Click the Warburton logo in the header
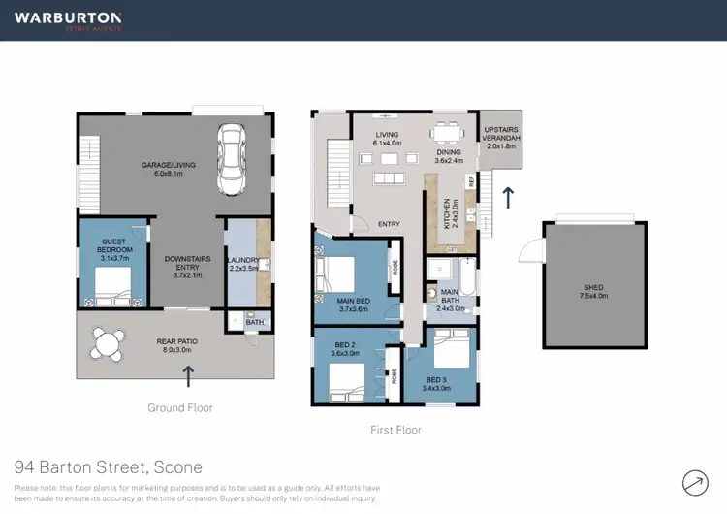point(68,20)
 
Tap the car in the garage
point(232,159)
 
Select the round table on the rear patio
point(107,342)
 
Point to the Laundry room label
point(243,262)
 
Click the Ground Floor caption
point(180,408)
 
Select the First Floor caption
point(395,430)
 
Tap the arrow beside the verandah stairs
point(508,197)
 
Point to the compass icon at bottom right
point(695,480)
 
